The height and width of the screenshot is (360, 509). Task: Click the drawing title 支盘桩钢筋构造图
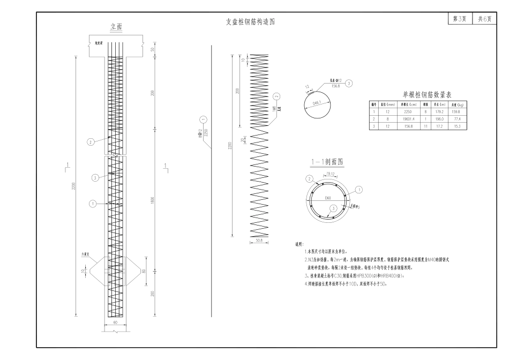(251, 22)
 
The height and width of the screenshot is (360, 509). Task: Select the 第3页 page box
(459, 18)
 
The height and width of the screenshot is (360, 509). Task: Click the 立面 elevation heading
(116, 26)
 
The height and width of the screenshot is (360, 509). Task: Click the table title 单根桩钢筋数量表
(423, 94)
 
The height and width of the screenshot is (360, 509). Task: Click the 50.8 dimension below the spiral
(259, 241)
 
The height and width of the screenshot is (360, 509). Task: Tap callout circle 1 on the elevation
(92, 204)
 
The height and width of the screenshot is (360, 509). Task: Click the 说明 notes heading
(300, 244)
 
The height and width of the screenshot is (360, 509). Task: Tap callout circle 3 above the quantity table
(349, 84)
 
